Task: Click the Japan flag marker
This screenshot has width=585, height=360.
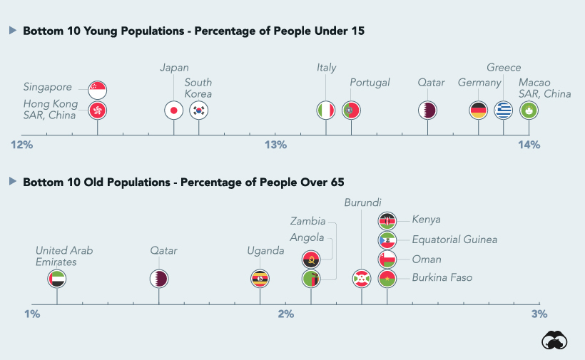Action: [173, 110]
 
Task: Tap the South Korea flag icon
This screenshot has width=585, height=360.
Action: [198, 110]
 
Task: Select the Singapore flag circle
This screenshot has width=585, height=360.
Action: [97, 90]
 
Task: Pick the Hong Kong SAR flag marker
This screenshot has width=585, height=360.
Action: [97, 110]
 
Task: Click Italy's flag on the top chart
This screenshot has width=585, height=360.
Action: [326, 110]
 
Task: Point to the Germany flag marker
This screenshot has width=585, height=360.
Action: [479, 110]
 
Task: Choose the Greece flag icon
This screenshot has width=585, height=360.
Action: [504, 110]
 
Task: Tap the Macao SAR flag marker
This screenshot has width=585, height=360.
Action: [529, 110]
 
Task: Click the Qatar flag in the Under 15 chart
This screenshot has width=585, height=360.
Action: [427, 110]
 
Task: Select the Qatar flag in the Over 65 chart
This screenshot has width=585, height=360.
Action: [158, 278]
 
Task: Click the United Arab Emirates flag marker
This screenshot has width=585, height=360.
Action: [57, 278]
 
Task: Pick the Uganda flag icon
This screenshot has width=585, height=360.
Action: [260, 278]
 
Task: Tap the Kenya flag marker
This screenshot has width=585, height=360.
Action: [387, 220]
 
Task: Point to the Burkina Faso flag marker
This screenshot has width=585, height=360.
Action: [387, 278]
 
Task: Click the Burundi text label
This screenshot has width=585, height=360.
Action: [362, 202]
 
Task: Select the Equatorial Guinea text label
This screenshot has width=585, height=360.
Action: [454, 240]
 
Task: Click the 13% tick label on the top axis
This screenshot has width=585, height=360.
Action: [275, 145]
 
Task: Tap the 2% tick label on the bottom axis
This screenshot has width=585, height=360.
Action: [285, 314]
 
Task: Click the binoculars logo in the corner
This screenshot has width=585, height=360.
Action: [554, 341]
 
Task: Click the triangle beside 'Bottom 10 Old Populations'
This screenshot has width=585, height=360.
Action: [12, 182]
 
